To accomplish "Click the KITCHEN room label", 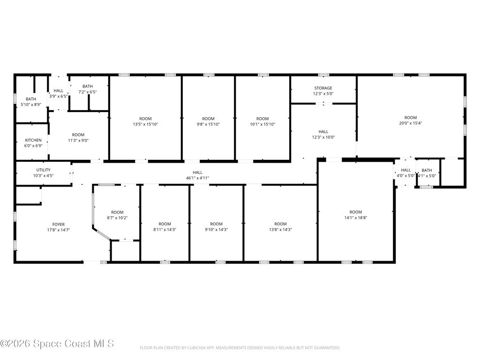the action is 33,140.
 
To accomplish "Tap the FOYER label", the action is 59,225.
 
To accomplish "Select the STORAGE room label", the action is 323,88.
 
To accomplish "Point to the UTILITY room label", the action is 44,170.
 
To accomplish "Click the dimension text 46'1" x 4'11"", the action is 197,178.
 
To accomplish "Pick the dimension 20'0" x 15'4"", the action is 411,123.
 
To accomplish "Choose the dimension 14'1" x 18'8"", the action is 356,218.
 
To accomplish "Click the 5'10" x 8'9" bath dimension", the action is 31,105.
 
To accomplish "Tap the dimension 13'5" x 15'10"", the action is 145,124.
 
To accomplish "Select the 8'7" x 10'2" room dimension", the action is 117,218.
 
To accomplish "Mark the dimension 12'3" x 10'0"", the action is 323,137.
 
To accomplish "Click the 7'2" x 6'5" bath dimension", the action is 88,92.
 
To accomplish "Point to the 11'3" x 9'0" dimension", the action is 78,141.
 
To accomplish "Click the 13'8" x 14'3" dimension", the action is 280,230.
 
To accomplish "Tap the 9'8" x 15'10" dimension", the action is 209,124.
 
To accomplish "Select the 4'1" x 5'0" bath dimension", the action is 427,176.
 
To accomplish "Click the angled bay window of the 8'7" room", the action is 101,233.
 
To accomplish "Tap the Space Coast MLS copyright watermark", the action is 57,344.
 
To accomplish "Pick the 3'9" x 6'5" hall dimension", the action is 59,97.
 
